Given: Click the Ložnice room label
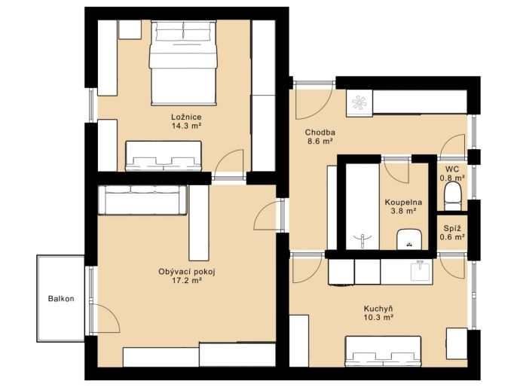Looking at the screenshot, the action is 186,117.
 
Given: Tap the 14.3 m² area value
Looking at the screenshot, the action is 186,126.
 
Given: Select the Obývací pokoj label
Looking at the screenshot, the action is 187,272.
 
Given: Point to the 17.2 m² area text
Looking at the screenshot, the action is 187,281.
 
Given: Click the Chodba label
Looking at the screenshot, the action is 320,133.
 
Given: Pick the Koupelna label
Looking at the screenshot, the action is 403,203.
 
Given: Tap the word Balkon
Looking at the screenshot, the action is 61,299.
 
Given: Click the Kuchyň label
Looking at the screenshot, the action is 378,309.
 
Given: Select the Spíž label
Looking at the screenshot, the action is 452,228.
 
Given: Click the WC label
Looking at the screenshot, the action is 452,169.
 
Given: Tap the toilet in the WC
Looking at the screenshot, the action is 452,197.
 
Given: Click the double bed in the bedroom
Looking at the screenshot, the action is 183,63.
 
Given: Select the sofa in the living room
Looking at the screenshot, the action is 142,200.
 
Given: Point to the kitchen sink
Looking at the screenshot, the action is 421,270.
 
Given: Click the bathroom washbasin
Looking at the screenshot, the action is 409,239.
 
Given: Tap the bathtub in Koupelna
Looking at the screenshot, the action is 363,206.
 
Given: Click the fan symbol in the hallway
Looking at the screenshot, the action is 359,102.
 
